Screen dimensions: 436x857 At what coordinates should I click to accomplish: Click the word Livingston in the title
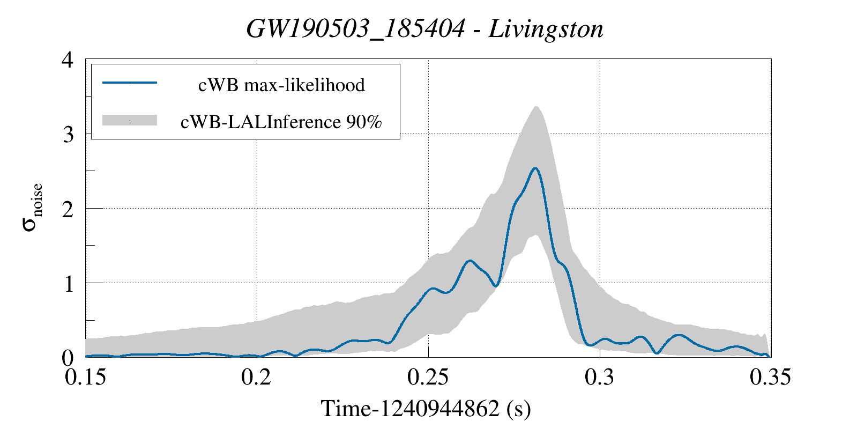546,29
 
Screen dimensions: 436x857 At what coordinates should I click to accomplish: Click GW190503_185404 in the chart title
355,29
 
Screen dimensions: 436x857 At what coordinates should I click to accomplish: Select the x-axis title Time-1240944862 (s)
426,409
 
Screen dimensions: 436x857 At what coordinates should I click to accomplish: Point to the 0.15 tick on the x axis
86,377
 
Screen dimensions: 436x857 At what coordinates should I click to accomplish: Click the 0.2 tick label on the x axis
257,377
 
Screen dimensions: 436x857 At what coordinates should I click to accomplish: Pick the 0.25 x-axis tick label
428,377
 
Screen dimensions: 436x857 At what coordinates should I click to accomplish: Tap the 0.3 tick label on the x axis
600,377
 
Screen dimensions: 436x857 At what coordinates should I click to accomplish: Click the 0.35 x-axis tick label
770,377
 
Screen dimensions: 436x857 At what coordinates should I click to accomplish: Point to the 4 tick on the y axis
68,60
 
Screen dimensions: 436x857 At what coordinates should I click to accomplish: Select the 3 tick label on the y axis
68,134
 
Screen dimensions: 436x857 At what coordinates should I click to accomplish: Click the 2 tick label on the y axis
68,209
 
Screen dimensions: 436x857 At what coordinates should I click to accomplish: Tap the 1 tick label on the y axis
68,283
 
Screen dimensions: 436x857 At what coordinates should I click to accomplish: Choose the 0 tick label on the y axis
68,358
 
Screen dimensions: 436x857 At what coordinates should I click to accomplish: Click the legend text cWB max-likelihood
281,85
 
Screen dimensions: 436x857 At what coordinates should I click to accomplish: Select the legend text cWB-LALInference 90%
281,122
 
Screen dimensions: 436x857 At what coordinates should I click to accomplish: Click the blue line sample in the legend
129,83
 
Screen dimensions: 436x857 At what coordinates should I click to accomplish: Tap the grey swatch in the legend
129,120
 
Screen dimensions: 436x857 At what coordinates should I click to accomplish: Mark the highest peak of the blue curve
535,168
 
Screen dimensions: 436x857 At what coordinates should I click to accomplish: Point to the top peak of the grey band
536,107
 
